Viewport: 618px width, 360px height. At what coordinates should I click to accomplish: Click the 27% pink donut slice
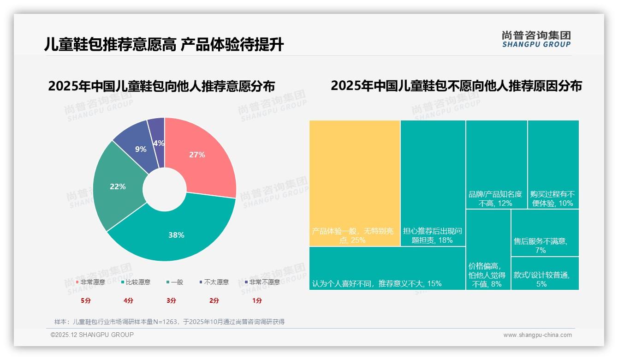point(198,155)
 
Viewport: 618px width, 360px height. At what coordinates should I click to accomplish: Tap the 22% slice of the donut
point(118,187)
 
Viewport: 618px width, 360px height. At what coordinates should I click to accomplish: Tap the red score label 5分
point(86,300)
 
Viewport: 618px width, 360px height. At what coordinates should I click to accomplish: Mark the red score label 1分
point(257,300)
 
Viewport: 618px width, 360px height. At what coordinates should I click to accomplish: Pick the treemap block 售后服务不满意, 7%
point(545,233)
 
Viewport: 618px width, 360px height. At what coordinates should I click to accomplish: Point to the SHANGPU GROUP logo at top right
point(536,39)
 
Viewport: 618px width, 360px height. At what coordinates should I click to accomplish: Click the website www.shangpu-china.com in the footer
point(537,335)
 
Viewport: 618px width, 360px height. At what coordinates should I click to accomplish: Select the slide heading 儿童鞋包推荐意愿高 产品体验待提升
point(164,44)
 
